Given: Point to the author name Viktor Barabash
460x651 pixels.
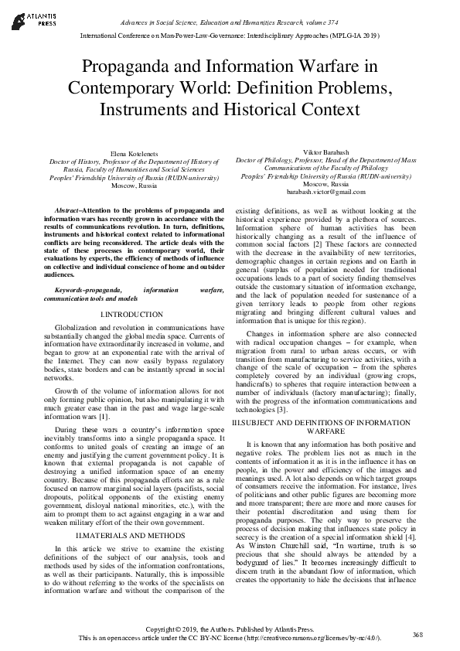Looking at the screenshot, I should pos(325,154).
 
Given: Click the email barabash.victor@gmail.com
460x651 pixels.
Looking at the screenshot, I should pos(325,191).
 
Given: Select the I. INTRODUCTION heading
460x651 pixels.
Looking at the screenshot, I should pos(131,315).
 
